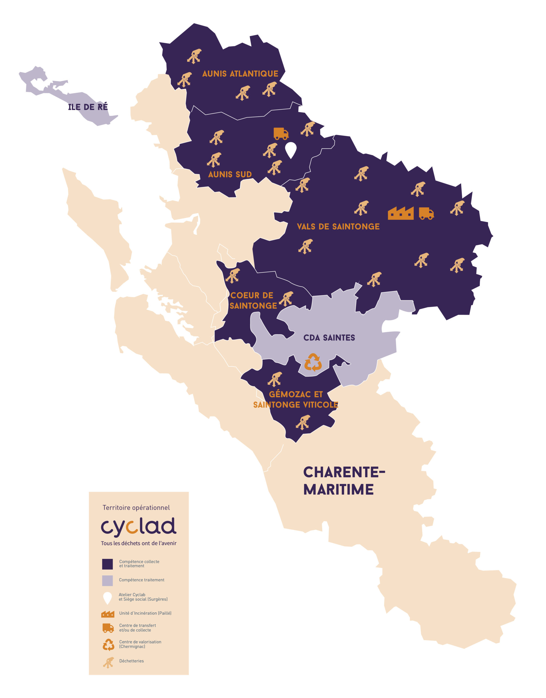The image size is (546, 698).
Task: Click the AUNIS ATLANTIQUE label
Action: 240,74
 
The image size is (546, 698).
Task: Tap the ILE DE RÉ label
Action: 88,107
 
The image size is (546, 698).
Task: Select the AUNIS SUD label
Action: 230,174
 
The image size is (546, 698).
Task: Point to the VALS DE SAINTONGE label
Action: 338,227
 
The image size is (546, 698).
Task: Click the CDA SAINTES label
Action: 329,338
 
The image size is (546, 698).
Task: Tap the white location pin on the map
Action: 291,149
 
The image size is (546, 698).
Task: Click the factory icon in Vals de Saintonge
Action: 401,213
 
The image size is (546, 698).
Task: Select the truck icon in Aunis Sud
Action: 281,134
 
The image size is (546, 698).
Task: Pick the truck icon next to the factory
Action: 426,213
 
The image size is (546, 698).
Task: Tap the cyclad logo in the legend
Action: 138,526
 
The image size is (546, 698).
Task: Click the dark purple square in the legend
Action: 107,564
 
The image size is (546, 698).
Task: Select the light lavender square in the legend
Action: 107,580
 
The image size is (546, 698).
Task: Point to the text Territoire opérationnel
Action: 136,508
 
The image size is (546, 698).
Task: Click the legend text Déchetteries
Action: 131,661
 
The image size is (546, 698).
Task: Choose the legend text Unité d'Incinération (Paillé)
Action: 145,613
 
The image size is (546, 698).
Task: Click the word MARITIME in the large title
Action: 338,489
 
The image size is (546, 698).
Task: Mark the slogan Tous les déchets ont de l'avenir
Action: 138,543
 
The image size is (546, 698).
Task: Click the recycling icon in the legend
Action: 108,645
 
